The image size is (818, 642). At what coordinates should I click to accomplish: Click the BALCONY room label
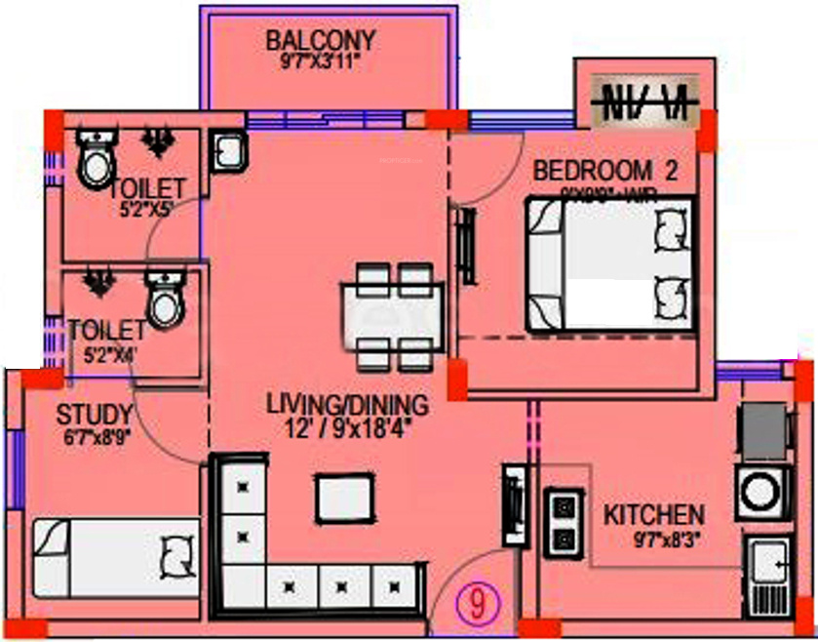(321, 41)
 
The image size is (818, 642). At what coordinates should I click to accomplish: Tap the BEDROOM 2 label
(604, 171)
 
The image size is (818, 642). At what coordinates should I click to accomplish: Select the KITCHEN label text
(653, 514)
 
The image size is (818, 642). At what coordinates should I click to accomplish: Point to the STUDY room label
(94, 414)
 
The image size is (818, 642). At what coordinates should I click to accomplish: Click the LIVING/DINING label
(347, 403)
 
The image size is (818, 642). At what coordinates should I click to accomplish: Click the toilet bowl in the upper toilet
(96, 162)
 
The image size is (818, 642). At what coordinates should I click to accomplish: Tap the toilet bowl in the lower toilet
(165, 301)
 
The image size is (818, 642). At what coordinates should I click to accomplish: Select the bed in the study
(115, 557)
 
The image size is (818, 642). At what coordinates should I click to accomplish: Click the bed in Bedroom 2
(611, 263)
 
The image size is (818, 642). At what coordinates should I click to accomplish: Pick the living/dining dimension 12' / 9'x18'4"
(346, 426)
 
